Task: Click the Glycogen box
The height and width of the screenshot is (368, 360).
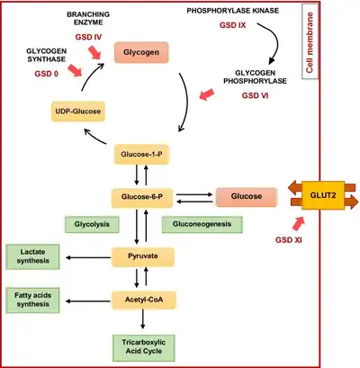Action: (x=141, y=52)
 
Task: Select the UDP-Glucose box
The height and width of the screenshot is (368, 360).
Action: (x=78, y=112)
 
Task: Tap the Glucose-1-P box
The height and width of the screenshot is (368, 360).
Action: (x=141, y=154)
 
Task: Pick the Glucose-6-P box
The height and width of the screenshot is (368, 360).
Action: (x=142, y=197)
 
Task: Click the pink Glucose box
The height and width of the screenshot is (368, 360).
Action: (x=247, y=197)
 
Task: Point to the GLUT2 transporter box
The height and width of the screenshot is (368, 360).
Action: (x=323, y=195)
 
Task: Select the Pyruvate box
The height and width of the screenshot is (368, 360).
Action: (x=143, y=256)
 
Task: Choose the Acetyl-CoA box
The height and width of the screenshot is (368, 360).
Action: (x=144, y=300)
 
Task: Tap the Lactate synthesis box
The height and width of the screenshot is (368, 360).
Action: (x=32, y=256)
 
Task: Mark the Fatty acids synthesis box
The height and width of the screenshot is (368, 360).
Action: (x=32, y=301)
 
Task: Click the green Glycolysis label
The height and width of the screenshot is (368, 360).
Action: (x=92, y=224)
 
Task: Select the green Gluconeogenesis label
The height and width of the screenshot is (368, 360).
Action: (x=202, y=224)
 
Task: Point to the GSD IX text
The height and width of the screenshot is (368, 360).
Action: (x=232, y=25)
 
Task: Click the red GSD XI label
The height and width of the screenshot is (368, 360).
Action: (x=289, y=240)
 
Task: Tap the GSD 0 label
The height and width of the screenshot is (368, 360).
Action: (x=47, y=74)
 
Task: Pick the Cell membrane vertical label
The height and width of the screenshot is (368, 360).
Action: (x=310, y=42)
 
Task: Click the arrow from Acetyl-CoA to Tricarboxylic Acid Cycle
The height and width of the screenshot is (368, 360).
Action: (x=143, y=319)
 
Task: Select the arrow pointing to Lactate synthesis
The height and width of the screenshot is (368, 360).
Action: (x=88, y=257)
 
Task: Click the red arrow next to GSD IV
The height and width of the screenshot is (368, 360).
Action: (x=94, y=52)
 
